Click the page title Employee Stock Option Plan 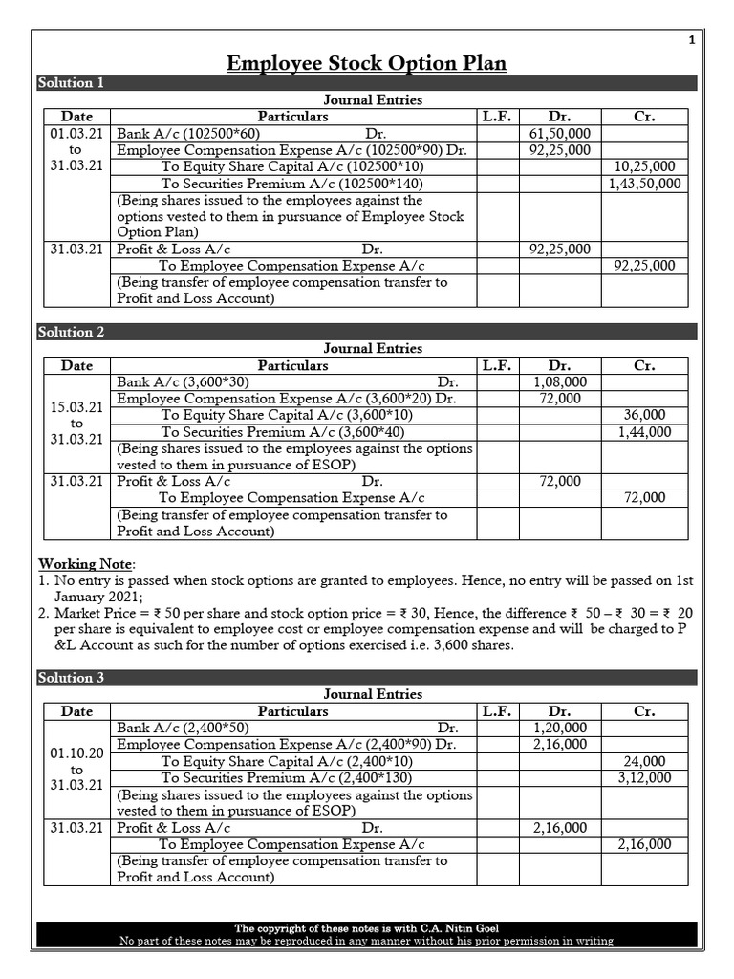pyautogui.click(x=366, y=63)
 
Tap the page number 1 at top pyautogui.click(x=691, y=40)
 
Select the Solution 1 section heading pyautogui.click(x=71, y=83)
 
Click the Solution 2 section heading pyautogui.click(x=71, y=332)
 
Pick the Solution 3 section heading pyautogui.click(x=71, y=678)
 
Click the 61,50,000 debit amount pyautogui.click(x=559, y=134)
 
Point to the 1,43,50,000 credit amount pyautogui.click(x=644, y=184)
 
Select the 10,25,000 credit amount pyautogui.click(x=644, y=167)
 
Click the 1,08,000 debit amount pyautogui.click(x=559, y=382)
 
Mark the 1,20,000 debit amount pyautogui.click(x=559, y=729)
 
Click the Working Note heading pyautogui.click(x=86, y=564)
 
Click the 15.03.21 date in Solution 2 pyautogui.click(x=76, y=407)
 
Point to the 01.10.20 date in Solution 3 pyautogui.click(x=76, y=753)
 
